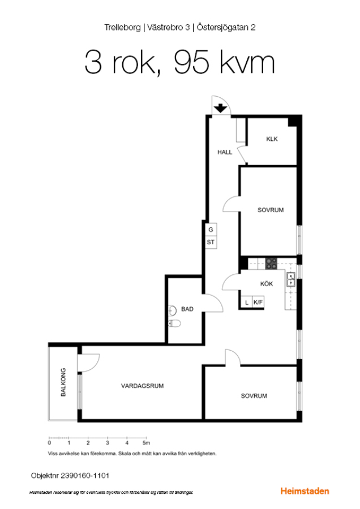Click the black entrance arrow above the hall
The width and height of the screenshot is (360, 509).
point(221,108)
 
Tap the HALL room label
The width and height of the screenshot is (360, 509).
point(225,152)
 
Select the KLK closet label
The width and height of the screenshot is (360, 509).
point(272,139)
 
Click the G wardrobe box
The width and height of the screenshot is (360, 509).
point(211,230)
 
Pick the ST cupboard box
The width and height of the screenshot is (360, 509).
point(211,242)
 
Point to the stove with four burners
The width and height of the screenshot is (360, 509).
point(271,264)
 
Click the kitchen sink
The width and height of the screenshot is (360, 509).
point(291,280)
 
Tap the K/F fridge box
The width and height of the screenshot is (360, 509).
point(258,302)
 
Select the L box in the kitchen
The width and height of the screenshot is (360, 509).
point(247,302)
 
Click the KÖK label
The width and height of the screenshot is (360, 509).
point(267,284)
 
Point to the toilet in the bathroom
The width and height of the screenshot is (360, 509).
point(174,323)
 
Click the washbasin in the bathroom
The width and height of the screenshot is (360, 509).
point(172,310)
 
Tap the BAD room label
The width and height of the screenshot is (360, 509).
point(187,309)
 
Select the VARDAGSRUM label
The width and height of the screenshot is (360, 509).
point(142,386)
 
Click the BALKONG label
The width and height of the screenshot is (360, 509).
point(63,382)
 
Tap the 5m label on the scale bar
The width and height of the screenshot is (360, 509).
point(146,443)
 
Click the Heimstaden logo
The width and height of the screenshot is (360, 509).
point(305,491)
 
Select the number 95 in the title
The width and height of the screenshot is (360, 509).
point(191,62)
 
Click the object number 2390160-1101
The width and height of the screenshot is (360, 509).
point(85,476)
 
